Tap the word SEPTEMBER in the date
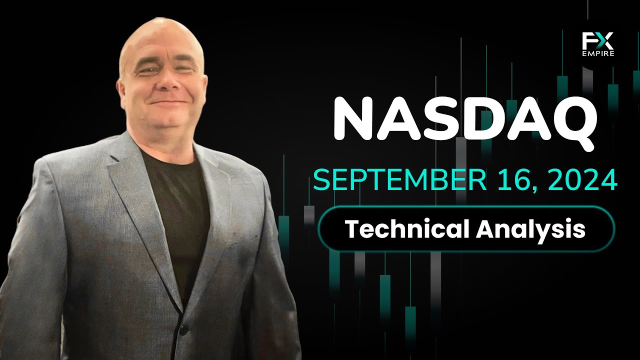(x=399, y=179)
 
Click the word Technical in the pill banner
(x=407, y=228)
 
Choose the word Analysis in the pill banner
(x=531, y=230)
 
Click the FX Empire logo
(x=597, y=44)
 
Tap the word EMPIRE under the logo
(x=598, y=53)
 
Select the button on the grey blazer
(x=183, y=329)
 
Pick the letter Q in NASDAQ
(x=571, y=123)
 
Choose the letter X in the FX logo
(x=605, y=41)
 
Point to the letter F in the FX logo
(x=588, y=41)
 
